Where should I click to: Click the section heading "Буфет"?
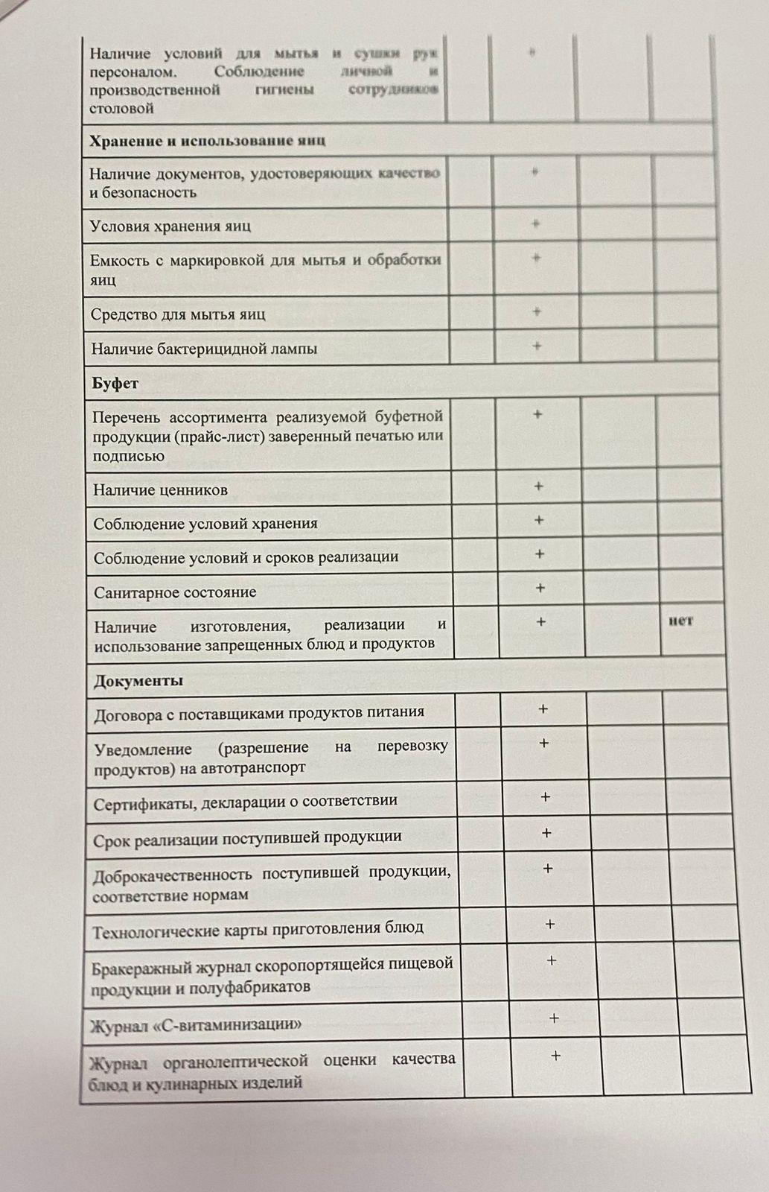[x=115, y=384]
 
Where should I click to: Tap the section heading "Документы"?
[x=138, y=680]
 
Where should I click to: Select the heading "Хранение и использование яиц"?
[x=208, y=141]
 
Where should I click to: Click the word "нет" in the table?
[x=680, y=620]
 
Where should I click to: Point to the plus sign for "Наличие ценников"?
[x=539, y=486]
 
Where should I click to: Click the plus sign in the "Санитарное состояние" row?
[x=540, y=588]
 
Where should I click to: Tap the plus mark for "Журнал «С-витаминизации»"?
[x=554, y=1018]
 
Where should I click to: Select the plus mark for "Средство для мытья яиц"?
[x=537, y=311]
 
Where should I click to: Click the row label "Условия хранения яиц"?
[x=170, y=226]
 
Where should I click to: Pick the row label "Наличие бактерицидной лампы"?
[x=204, y=349]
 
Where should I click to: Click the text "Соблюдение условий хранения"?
[x=205, y=524]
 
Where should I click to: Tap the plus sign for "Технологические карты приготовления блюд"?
[x=550, y=924]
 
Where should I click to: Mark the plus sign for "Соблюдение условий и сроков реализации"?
[x=540, y=554]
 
